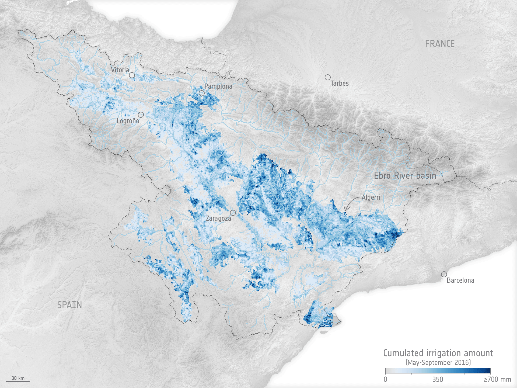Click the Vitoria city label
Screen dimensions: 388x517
(x=120, y=70)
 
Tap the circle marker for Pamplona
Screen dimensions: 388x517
(x=202, y=93)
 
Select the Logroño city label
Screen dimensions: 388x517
(x=128, y=121)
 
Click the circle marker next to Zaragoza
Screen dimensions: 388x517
(x=233, y=213)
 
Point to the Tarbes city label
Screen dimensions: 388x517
(x=340, y=84)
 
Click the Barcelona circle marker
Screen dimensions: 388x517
(x=444, y=274)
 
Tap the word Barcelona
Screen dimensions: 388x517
(x=460, y=280)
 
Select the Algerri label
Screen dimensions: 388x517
(x=371, y=197)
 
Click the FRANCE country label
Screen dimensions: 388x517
(x=440, y=44)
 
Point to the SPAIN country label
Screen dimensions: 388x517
(x=69, y=305)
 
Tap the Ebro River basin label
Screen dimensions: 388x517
(x=405, y=176)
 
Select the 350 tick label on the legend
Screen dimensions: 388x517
(x=438, y=379)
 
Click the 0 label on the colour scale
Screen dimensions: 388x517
(x=385, y=379)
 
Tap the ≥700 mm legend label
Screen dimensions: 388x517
(x=497, y=379)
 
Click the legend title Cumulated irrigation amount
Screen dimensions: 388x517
(x=438, y=353)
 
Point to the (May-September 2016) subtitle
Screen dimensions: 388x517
(x=438, y=362)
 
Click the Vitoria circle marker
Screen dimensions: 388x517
(x=132, y=75)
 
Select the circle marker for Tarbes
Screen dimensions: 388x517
(x=328, y=77)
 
